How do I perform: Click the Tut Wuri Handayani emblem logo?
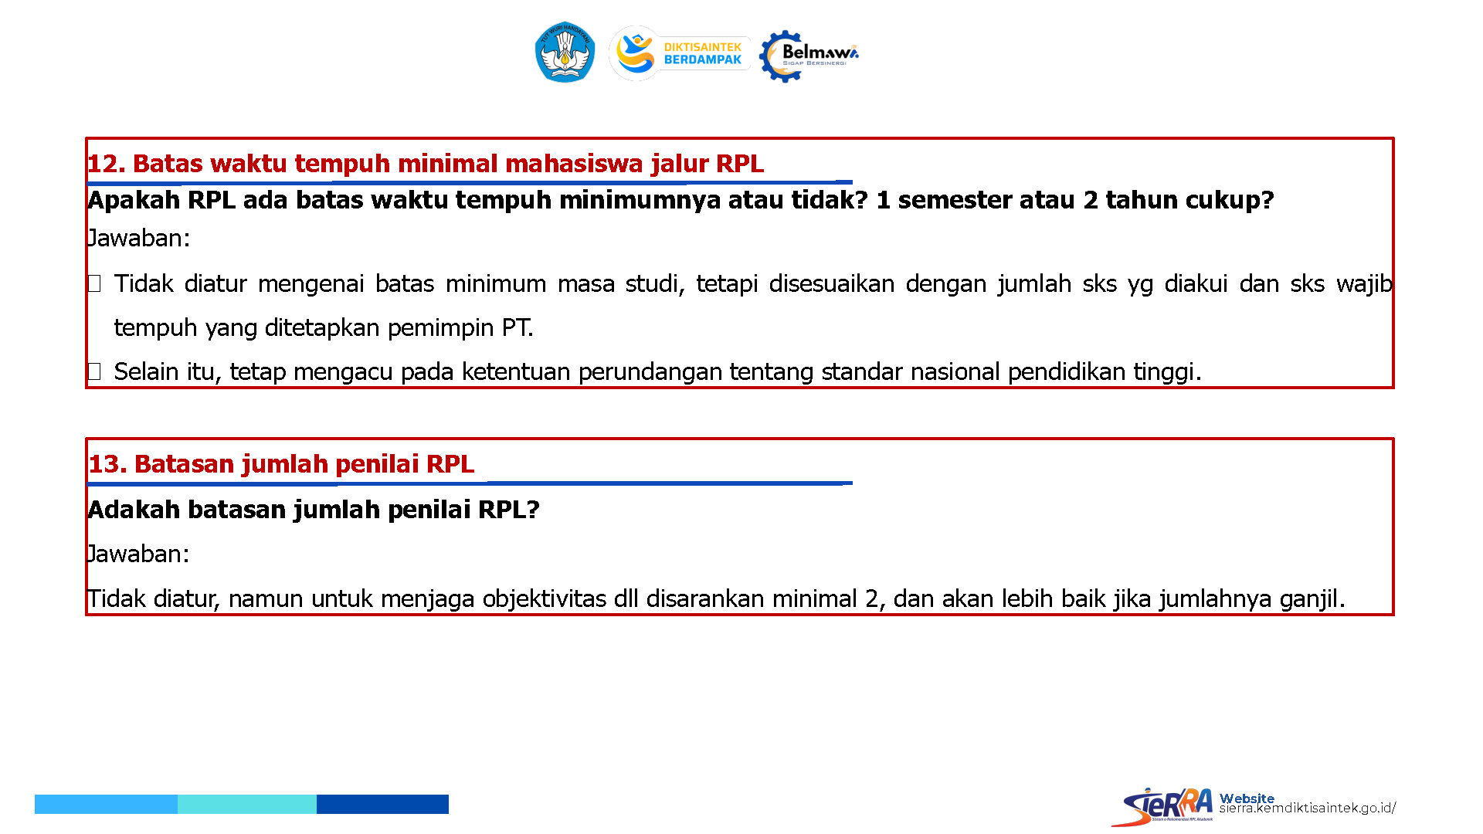click(x=565, y=53)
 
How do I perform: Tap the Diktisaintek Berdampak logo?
click(x=679, y=53)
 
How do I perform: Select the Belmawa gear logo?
click(x=808, y=56)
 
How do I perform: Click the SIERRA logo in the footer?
click(x=1162, y=806)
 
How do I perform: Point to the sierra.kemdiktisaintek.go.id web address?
click(x=1307, y=808)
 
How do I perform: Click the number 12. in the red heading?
click(x=106, y=164)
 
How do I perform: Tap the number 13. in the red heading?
click(x=107, y=464)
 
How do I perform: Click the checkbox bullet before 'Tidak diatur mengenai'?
click(x=94, y=284)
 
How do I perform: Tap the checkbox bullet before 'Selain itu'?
click(x=94, y=372)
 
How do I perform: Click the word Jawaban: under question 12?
click(x=138, y=238)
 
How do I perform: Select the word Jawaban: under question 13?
click(x=138, y=554)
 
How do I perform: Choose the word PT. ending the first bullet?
click(x=518, y=328)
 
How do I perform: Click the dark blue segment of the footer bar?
click(x=382, y=804)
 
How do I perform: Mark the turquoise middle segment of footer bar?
click(x=247, y=804)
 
